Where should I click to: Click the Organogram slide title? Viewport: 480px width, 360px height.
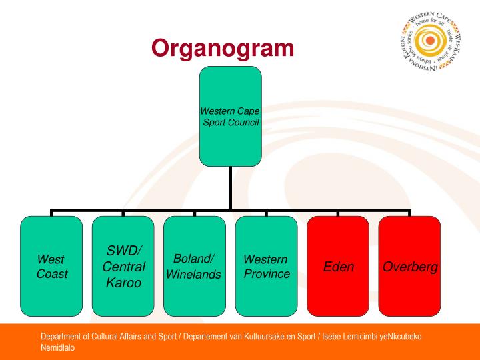point(223,48)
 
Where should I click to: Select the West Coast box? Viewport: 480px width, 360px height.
point(51,265)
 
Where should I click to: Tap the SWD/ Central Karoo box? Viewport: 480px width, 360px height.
point(123,265)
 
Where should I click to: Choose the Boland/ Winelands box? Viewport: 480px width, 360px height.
point(195,265)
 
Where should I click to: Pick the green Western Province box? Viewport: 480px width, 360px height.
point(266,265)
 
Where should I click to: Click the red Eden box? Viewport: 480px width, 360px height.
point(338,265)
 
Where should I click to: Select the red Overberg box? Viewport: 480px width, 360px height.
point(409,265)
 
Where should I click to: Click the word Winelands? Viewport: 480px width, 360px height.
point(194,274)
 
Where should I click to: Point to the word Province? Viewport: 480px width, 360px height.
point(267,273)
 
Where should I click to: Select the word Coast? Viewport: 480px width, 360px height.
point(52,273)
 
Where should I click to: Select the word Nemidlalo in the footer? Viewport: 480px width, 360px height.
point(58,347)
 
